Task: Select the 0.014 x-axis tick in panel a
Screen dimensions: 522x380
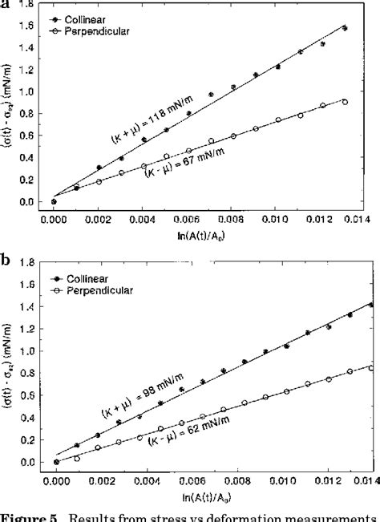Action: click(362, 217)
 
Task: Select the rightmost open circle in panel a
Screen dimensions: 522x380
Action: click(345, 102)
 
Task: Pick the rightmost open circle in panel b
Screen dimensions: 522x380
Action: click(370, 368)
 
